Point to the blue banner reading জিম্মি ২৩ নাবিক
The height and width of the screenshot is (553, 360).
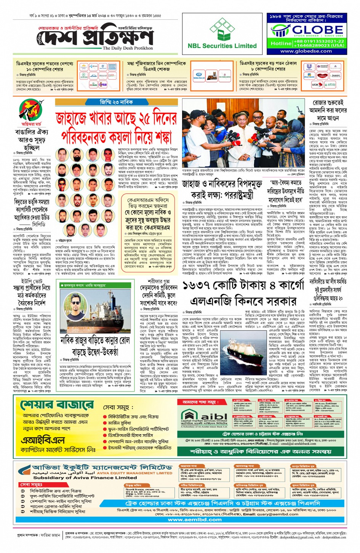[116, 102]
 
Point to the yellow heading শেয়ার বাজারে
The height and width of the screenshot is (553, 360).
[57, 405]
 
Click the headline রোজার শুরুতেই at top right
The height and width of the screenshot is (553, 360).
[328, 103]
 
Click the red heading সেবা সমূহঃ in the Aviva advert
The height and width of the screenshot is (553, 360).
[31, 484]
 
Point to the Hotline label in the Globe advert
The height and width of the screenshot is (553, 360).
[281, 43]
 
